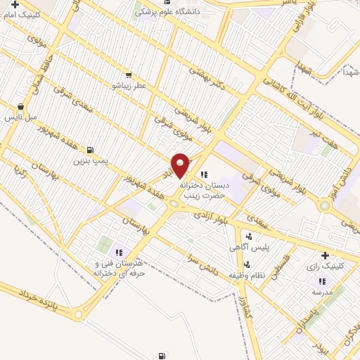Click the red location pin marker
pyautogui.click(x=181, y=165)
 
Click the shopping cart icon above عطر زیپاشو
pyautogui.click(x=127, y=75)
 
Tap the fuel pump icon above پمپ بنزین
pyautogui.click(x=90, y=150)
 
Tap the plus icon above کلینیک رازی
pyautogui.click(x=325, y=256)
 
